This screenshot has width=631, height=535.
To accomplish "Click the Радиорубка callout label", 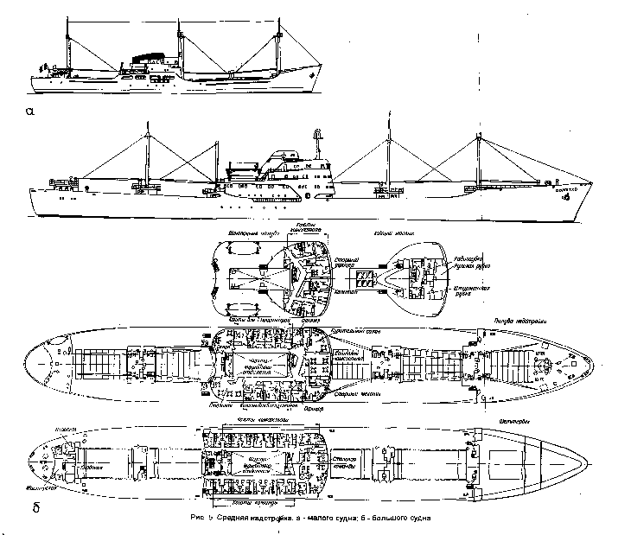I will point(469,257).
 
